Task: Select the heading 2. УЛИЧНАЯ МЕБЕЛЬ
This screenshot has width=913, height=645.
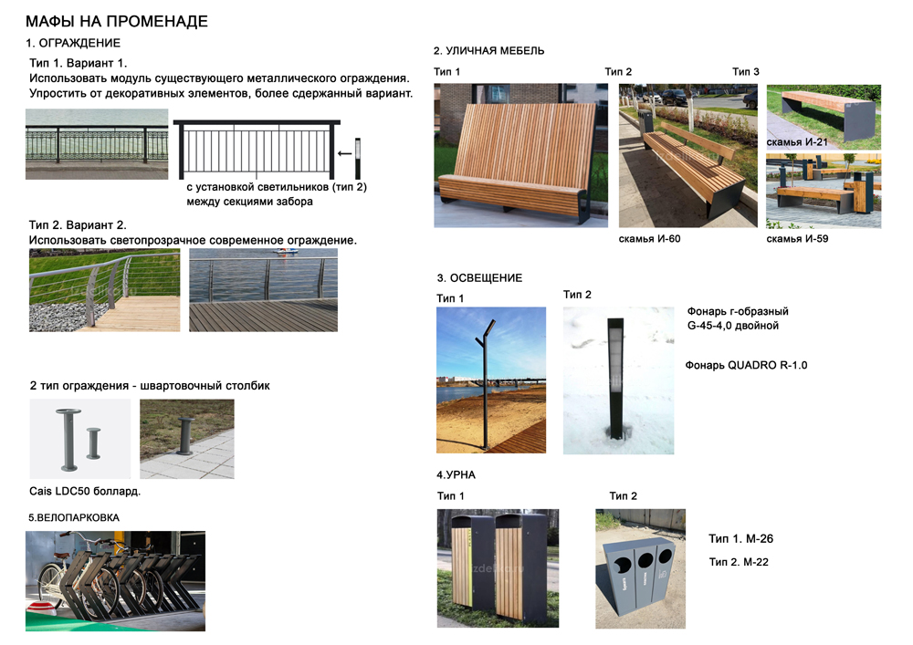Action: (489, 51)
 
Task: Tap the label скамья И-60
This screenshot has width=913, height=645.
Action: (649, 239)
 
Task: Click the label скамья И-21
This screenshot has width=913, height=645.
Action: (796, 142)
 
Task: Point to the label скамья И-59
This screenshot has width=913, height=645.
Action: (797, 239)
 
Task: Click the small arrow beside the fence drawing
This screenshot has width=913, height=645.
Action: (343, 153)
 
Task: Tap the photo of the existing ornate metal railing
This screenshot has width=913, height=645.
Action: (97, 144)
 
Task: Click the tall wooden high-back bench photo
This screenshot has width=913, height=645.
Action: (520, 155)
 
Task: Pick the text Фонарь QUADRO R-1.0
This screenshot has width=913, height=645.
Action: (746, 365)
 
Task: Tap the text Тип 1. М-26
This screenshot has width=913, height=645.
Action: (740, 539)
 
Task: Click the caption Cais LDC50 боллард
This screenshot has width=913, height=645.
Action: (85, 492)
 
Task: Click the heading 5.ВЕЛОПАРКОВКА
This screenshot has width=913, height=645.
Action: (74, 517)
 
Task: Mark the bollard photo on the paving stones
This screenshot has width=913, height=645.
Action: (186, 439)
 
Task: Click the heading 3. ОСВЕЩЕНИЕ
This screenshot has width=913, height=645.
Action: (479, 278)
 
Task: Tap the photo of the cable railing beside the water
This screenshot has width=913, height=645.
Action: (263, 289)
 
